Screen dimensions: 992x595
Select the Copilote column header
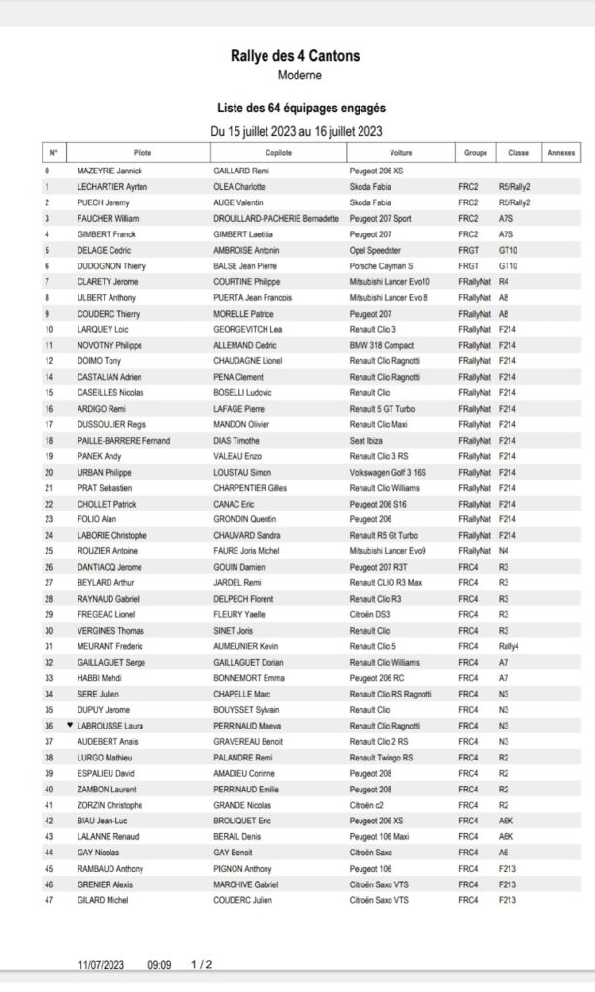pos(278,153)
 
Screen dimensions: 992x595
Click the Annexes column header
pos(560,153)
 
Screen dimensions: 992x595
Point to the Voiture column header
pos(400,153)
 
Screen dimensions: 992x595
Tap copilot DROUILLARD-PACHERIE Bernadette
pos(276,219)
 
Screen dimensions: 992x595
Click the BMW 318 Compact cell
pos(383,346)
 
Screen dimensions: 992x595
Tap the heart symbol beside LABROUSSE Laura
pos(70,725)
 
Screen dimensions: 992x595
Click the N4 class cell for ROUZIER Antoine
pos(504,551)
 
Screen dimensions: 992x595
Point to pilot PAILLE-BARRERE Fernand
pos(123,441)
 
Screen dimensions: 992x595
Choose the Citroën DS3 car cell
pos(371,614)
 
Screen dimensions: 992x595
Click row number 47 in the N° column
pos(49,900)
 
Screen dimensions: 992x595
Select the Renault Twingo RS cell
pos(381,758)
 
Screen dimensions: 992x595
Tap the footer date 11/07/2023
pos(103,965)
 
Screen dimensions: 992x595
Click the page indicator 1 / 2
pos(202,965)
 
